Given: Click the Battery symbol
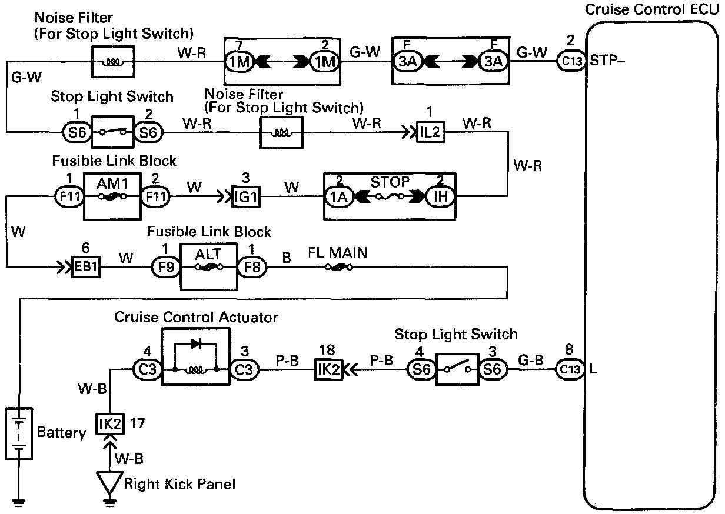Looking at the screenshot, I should (19, 433).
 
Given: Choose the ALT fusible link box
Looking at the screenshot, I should (208, 268).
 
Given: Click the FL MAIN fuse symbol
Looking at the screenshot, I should (338, 268).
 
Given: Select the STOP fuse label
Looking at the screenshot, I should (389, 181).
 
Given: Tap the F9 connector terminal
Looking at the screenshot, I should (165, 268).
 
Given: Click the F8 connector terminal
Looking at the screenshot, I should (252, 268).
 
